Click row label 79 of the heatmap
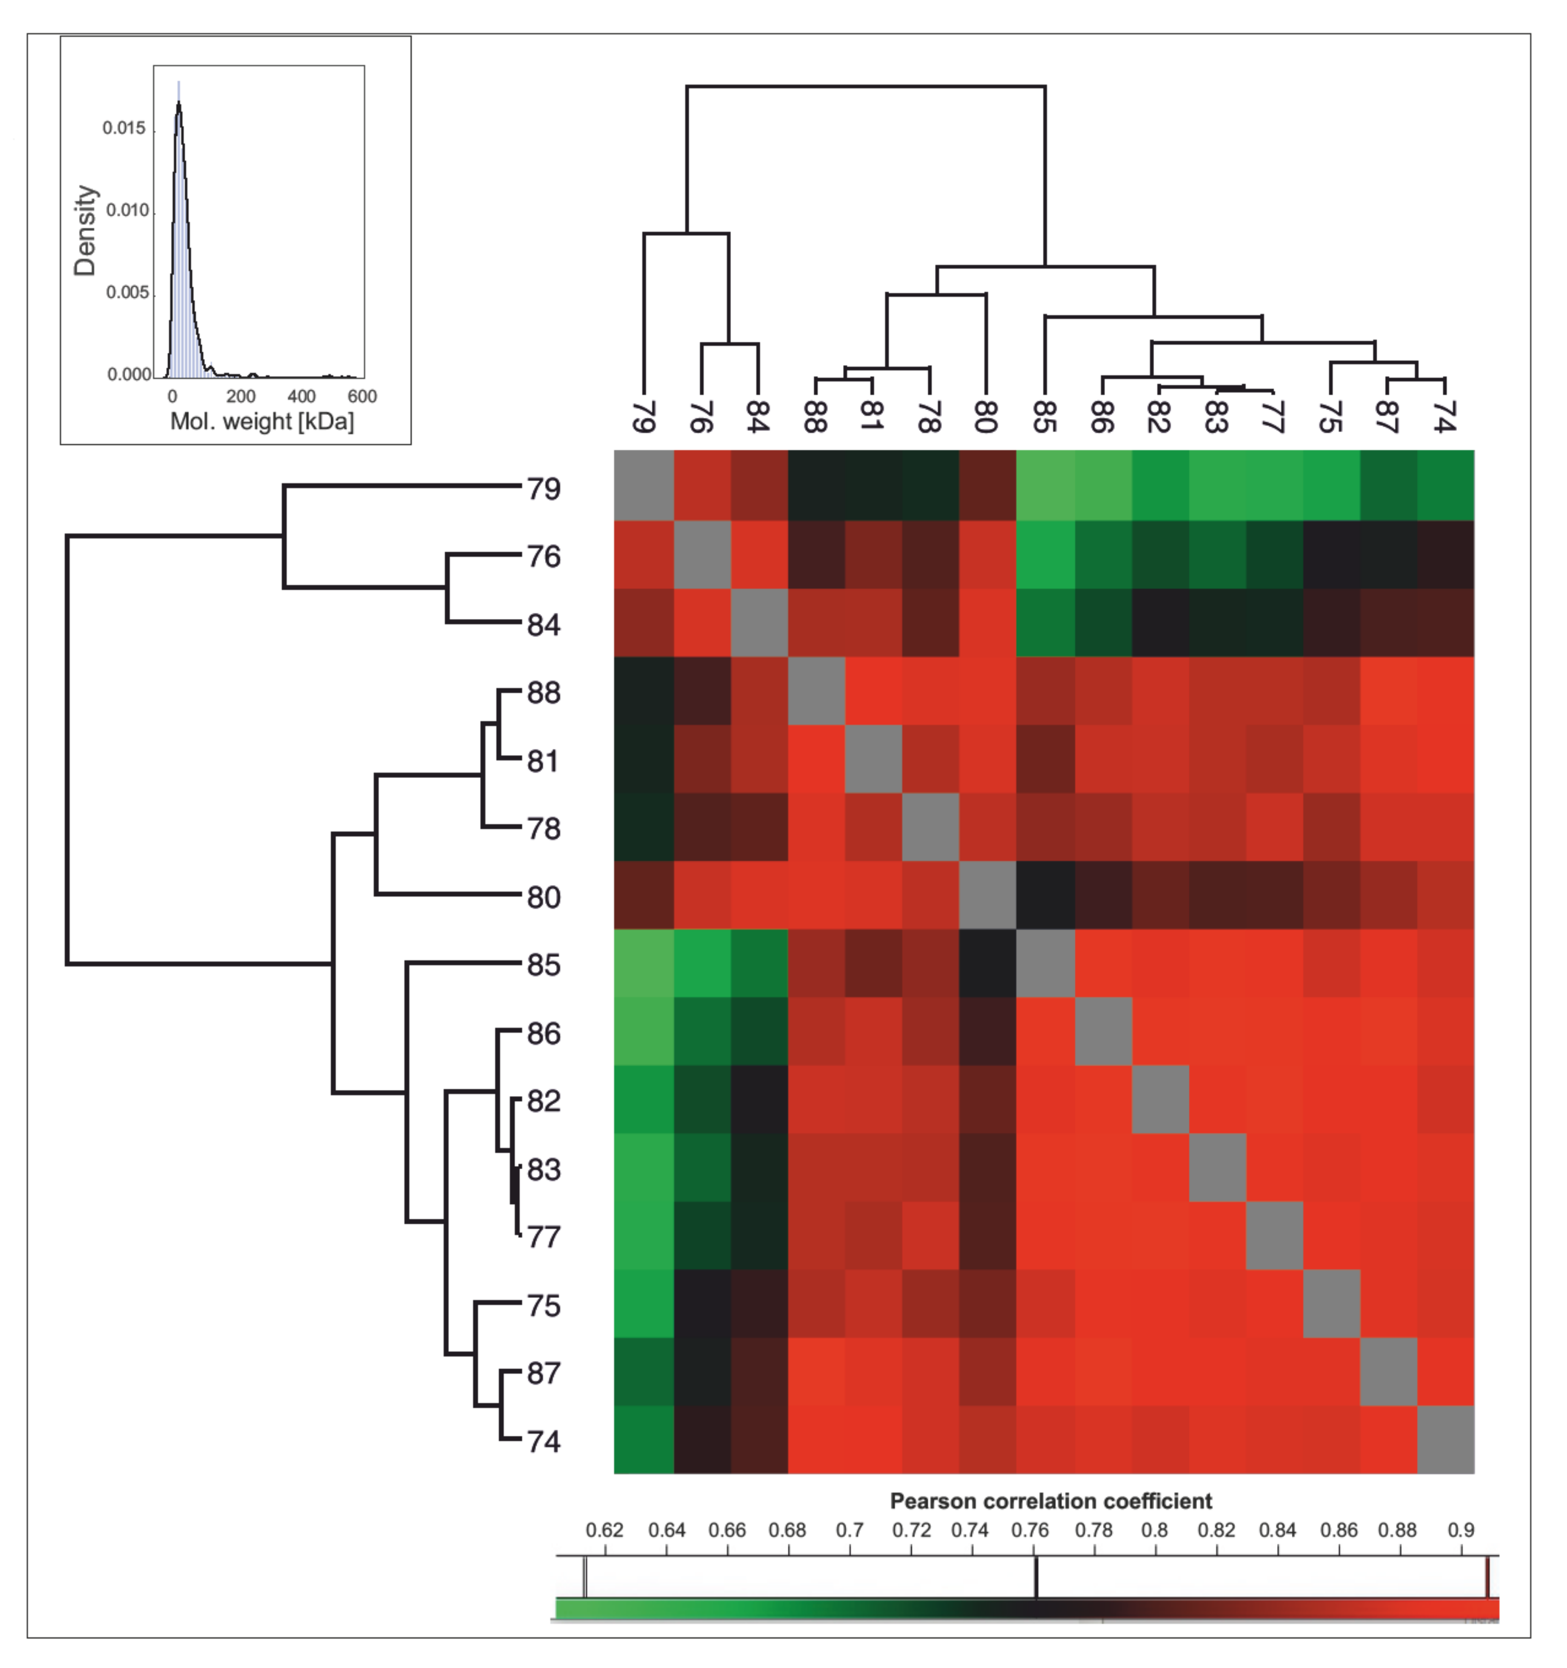(x=544, y=488)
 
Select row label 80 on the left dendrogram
(x=544, y=897)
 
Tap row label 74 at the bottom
(x=544, y=1441)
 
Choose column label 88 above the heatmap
(x=814, y=417)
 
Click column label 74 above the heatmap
(x=1444, y=417)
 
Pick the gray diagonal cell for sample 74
(x=1445, y=1440)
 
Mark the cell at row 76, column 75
(x=1331, y=555)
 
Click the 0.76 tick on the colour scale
(x=1036, y=1578)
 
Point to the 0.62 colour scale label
(x=604, y=1530)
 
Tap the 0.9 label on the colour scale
(x=1460, y=1530)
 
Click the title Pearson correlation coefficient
(x=1050, y=1501)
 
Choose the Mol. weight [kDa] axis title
(x=262, y=421)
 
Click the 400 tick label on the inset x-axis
(x=301, y=396)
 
